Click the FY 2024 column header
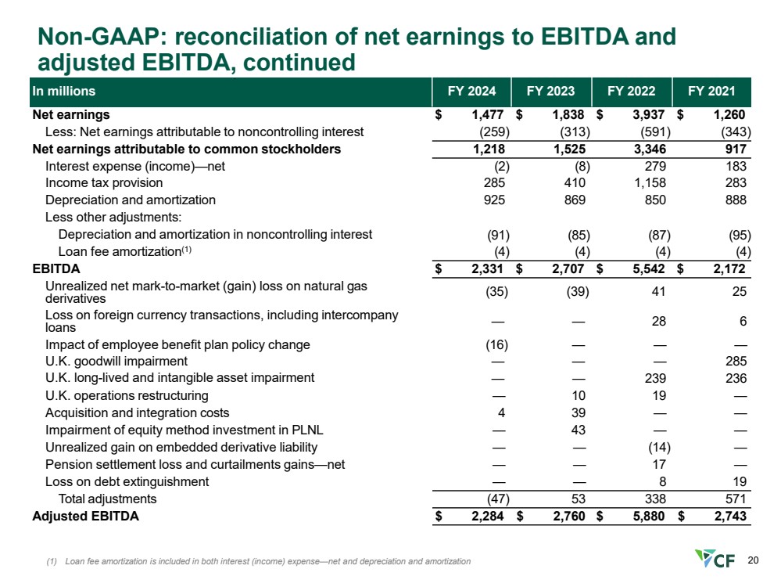(x=471, y=92)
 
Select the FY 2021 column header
(x=711, y=92)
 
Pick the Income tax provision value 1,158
(x=648, y=183)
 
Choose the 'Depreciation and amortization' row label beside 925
(x=130, y=200)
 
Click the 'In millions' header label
(x=64, y=92)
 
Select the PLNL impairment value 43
(x=578, y=430)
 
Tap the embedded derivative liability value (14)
(x=654, y=447)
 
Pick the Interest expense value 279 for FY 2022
(x=654, y=166)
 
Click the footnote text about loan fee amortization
(x=258, y=561)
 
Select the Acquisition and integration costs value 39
(x=578, y=412)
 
